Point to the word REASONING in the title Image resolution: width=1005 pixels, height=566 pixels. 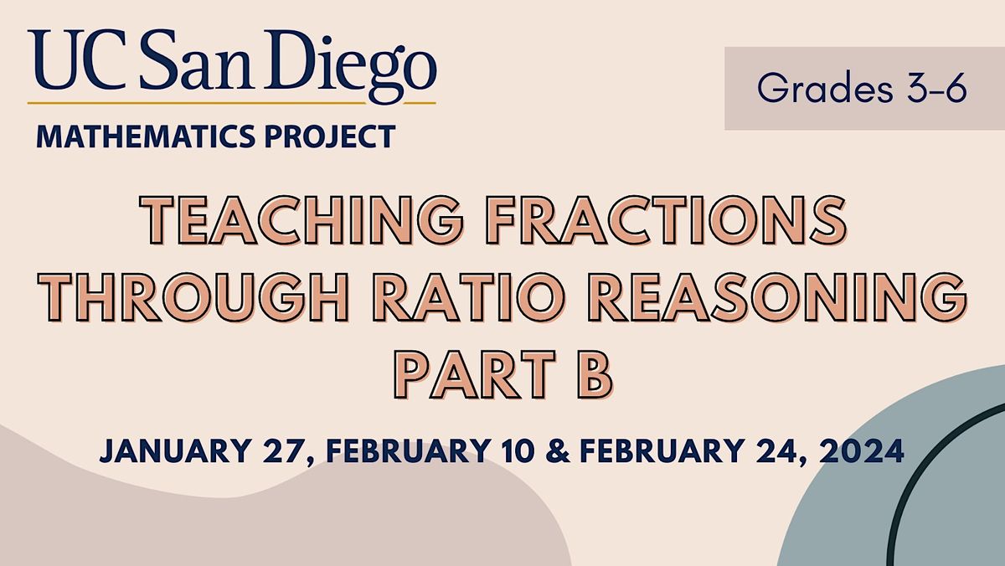point(769,298)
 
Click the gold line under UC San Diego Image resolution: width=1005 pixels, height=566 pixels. point(231,103)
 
